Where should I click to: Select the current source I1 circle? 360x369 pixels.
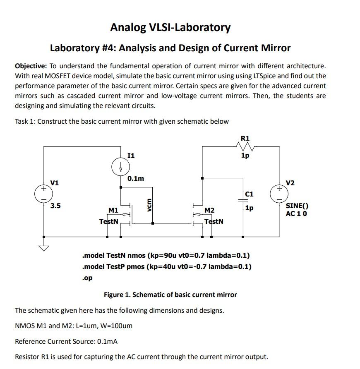(121, 168)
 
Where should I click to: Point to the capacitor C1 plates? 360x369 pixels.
(243, 201)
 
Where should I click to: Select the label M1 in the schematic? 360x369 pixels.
(113, 211)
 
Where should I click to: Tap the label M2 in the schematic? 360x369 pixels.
(209, 211)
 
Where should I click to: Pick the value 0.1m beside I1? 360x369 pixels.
(136, 179)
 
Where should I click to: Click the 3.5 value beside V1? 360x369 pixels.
(55, 206)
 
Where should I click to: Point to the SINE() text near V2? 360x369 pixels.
(297, 206)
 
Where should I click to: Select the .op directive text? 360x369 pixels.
(87, 278)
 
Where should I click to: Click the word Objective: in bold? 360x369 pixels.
(31, 66)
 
